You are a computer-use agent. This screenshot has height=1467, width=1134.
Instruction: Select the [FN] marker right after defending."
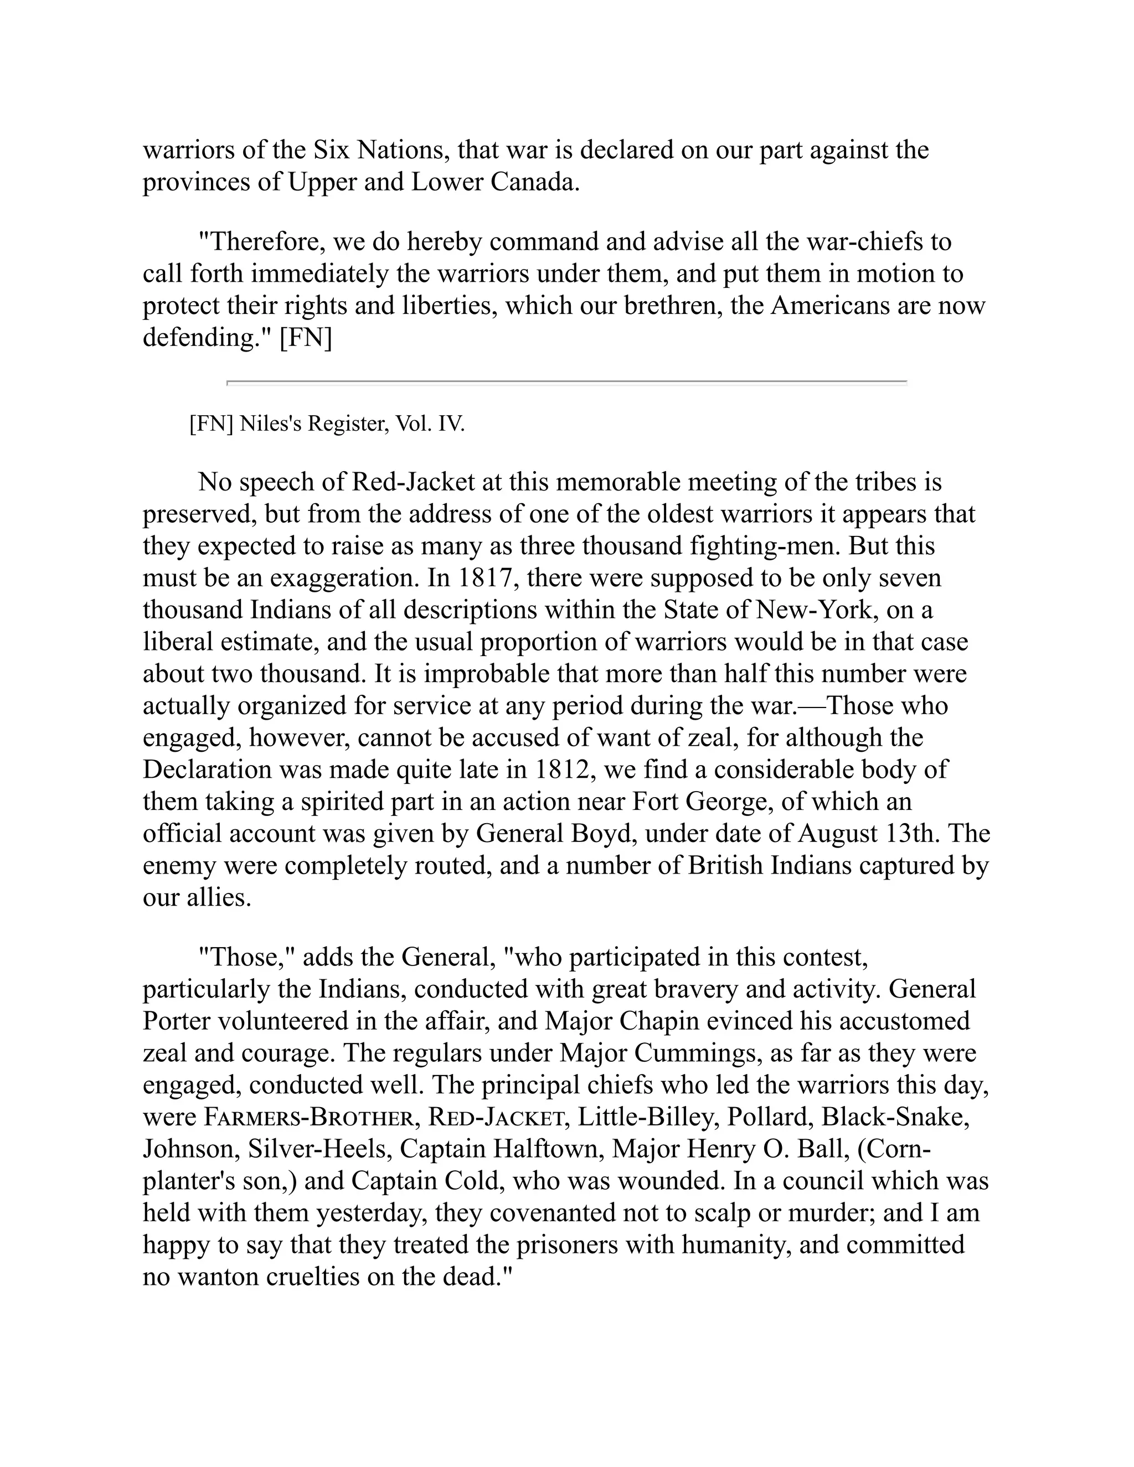point(306,337)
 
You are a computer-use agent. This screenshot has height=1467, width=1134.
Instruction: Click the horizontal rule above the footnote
point(567,382)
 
